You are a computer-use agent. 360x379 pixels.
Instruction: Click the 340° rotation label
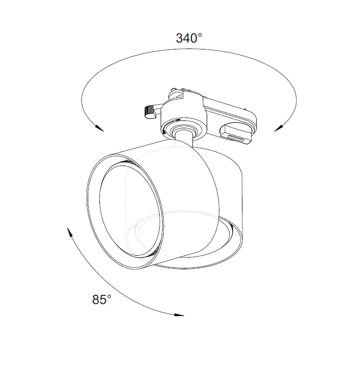pos(189,38)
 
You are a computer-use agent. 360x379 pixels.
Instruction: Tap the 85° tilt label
pos(101,300)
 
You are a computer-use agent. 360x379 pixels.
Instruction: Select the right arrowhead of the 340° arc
pos(279,128)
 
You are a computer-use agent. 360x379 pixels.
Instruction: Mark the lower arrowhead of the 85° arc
pos(179,315)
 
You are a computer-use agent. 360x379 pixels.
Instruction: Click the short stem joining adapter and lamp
pos(184,139)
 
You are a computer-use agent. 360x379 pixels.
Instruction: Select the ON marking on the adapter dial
pos(177,120)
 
